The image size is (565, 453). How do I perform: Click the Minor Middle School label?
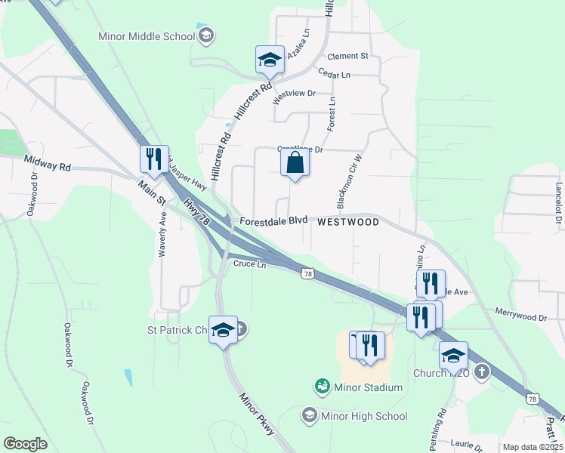(x=147, y=36)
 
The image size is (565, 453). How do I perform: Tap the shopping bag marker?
(x=295, y=163)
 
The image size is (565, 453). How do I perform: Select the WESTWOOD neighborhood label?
(x=347, y=222)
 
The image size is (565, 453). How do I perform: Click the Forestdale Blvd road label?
(x=273, y=221)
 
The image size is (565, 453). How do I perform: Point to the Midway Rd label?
(x=47, y=162)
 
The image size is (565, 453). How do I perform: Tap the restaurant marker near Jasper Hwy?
(x=154, y=159)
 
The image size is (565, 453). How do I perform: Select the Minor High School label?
(x=365, y=416)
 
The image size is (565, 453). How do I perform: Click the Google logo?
(x=25, y=444)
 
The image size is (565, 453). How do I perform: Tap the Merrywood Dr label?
(x=520, y=315)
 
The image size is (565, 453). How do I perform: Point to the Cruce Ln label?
(x=249, y=264)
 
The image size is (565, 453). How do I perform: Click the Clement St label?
(x=347, y=56)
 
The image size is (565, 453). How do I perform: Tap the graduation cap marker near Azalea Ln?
(x=270, y=60)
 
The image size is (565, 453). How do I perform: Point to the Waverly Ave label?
(x=162, y=235)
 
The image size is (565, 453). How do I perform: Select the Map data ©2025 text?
(x=533, y=447)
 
